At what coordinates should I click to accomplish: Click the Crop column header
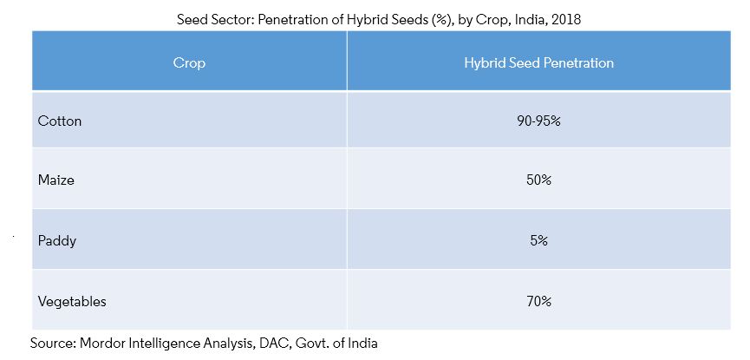click(x=189, y=63)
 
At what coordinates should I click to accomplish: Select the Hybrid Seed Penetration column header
click(x=538, y=63)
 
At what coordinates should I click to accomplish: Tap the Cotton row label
click(x=60, y=121)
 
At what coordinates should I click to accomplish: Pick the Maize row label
click(x=57, y=181)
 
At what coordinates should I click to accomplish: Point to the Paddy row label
click(x=57, y=241)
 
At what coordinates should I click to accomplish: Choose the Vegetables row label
click(x=72, y=301)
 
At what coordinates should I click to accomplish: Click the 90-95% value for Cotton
click(x=538, y=121)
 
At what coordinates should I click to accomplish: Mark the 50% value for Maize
click(x=538, y=181)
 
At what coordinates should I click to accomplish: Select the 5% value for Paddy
click(x=538, y=241)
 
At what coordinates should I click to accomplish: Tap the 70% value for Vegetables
click(x=538, y=301)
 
